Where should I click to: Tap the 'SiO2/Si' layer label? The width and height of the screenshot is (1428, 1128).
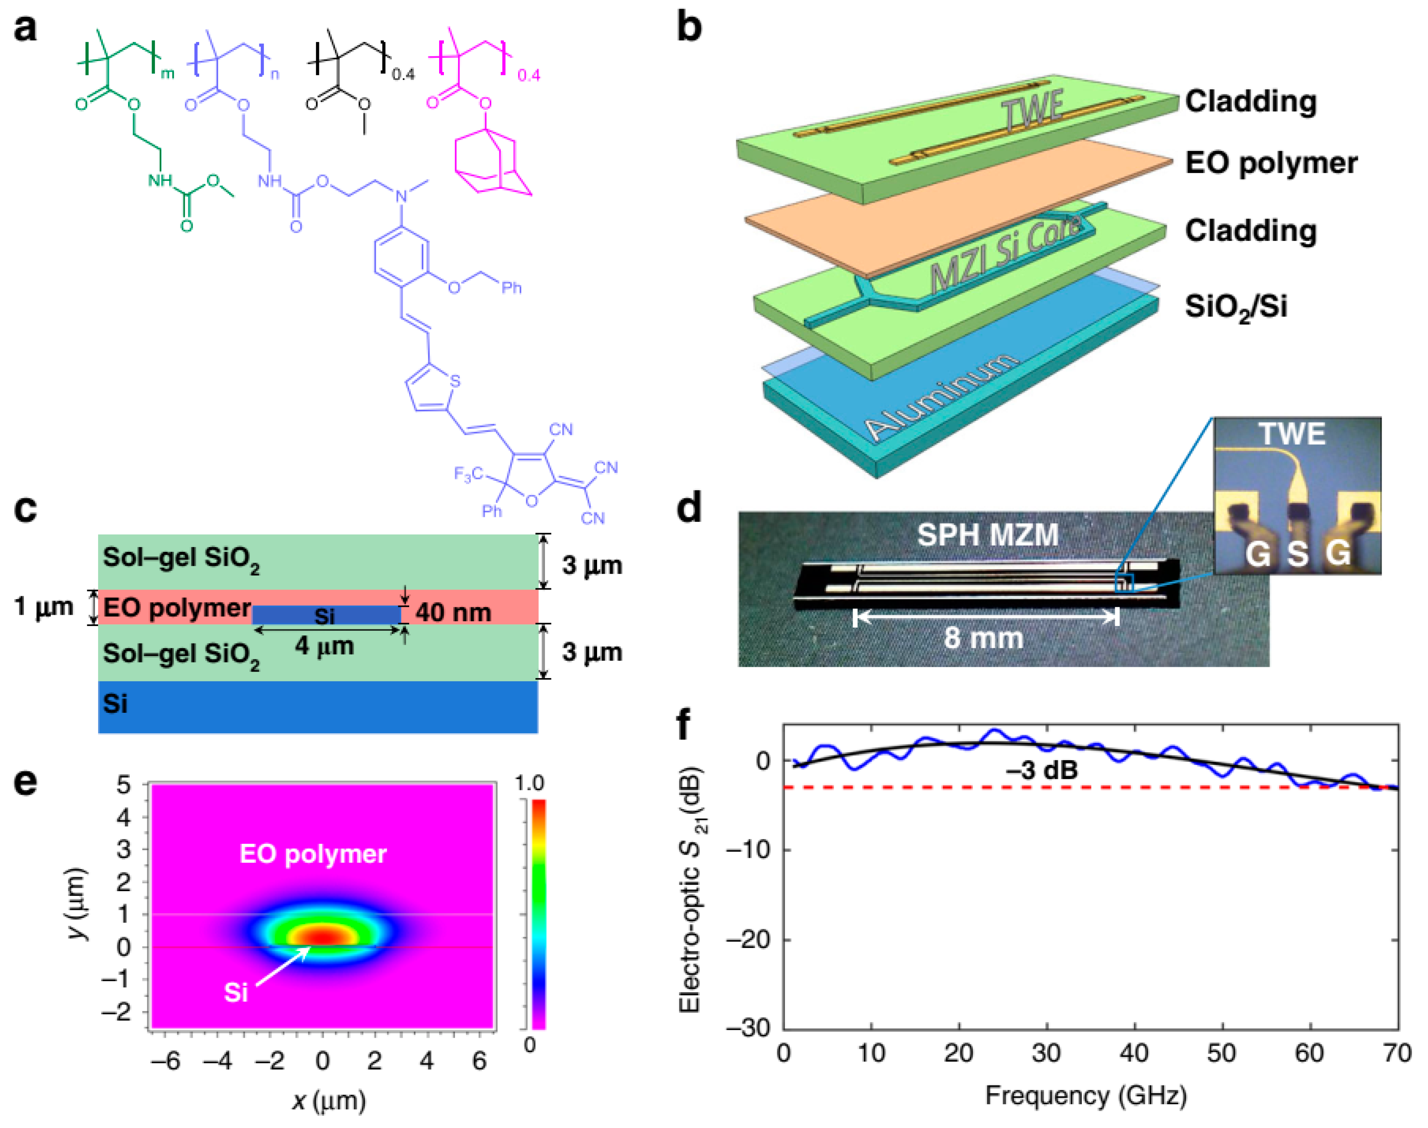1235,308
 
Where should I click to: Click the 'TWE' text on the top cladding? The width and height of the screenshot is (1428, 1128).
1034,109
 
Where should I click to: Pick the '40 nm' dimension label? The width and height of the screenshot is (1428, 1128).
453,613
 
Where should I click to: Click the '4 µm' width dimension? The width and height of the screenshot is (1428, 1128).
324,646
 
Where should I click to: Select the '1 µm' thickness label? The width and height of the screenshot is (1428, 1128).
43,606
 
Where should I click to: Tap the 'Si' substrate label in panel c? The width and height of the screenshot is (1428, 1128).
115,704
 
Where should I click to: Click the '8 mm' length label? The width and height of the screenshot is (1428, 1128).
984,638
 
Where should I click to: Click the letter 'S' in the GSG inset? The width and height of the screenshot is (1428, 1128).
1297,554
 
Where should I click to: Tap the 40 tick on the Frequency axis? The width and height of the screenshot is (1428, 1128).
1134,1053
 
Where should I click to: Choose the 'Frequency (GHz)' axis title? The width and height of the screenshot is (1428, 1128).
1086,1095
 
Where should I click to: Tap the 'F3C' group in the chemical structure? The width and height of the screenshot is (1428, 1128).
468,474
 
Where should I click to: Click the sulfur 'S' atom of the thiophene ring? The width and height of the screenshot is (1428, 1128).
454,381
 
